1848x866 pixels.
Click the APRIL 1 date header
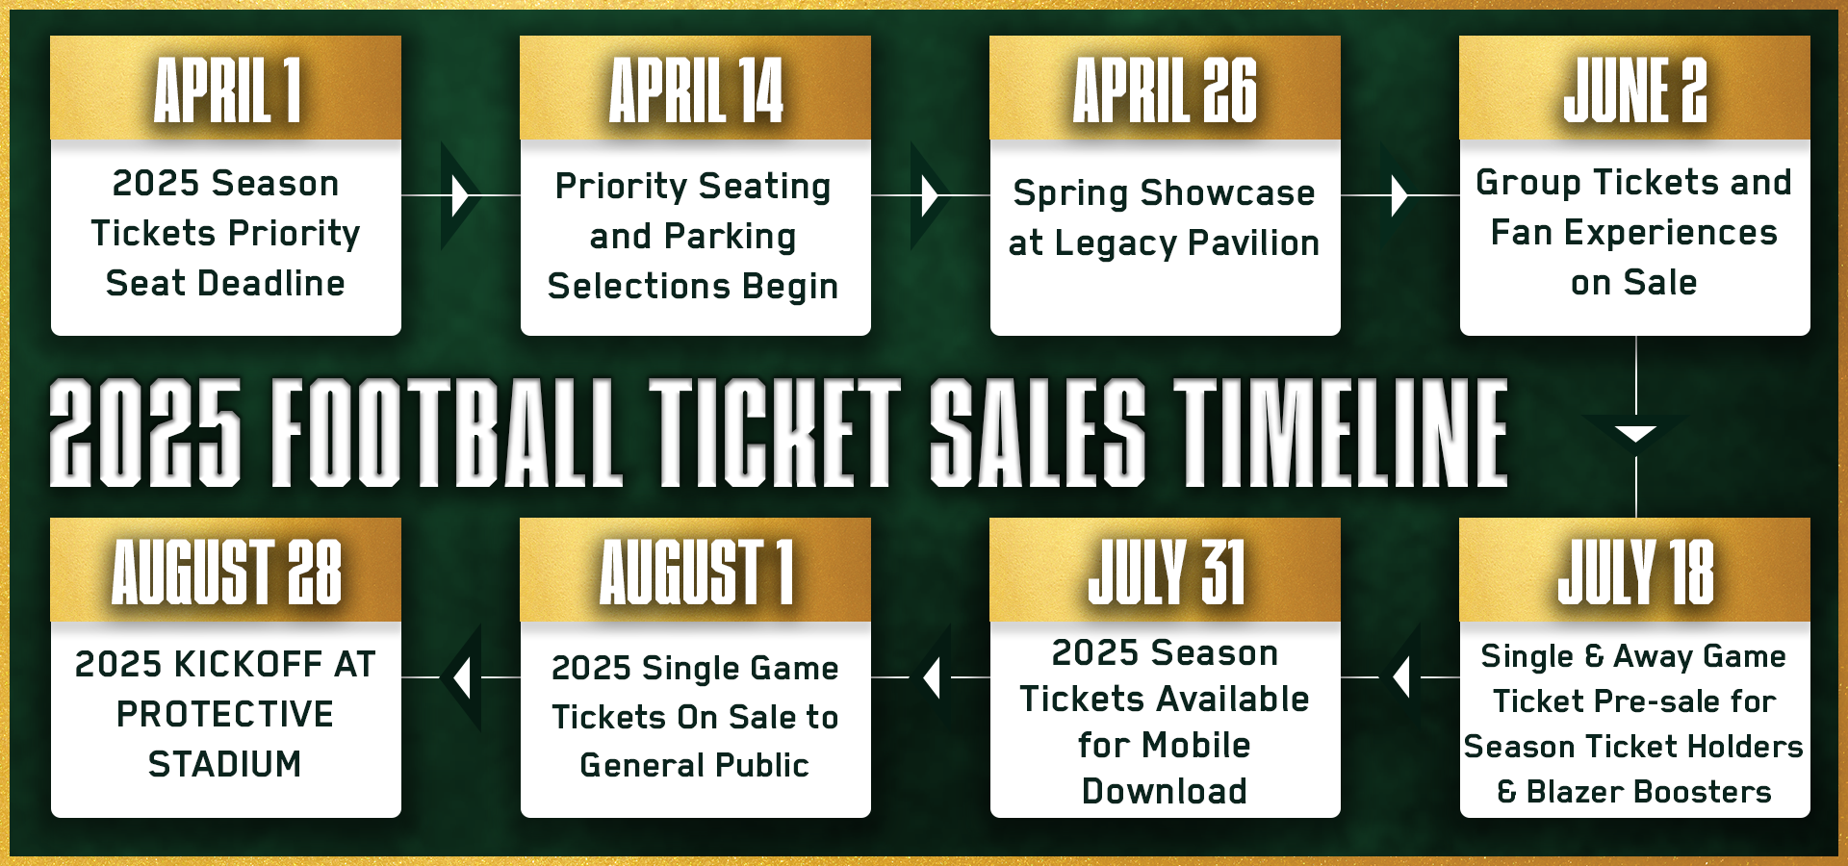pyautogui.click(x=227, y=89)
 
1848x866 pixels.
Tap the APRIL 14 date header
pyautogui.click(x=696, y=89)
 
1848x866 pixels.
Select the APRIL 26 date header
pyautogui.click(x=1165, y=89)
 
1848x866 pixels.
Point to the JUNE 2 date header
pyautogui.click(x=1634, y=89)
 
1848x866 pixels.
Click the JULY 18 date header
pyautogui.click(x=1635, y=572)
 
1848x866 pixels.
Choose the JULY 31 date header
pyautogui.click(x=1166, y=572)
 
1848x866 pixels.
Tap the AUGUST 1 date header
pyautogui.click(x=696, y=572)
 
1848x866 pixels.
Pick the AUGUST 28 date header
pyautogui.click(x=226, y=572)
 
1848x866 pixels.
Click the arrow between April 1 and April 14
pyautogui.click(x=460, y=195)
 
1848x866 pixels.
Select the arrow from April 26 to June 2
pyautogui.click(x=1399, y=195)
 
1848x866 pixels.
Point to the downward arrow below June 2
pyautogui.click(x=1635, y=433)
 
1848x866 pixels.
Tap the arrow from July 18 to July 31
pyautogui.click(x=1400, y=677)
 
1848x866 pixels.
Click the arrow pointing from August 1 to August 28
pyautogui.click(x=461, y=677)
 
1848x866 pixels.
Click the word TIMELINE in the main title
pyautogui.click(x=1341, y=431)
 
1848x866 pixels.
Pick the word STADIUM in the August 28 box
pyautogui.click(x=225, y=764)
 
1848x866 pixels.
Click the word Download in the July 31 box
pyautogui.click(x=1165, y=791)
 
